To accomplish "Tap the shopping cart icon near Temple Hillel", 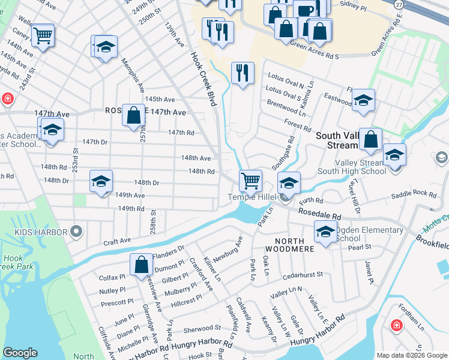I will pos(250,179).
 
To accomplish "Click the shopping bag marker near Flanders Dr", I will pos(141,264).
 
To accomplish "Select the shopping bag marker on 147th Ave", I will pos(134,114).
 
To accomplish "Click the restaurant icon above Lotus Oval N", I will pos(243,73).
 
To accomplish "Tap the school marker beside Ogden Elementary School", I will pos(325,232).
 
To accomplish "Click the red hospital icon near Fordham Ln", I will pos(396,325).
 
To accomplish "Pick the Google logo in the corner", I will pos(20,353).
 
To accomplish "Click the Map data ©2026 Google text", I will pos(412,355).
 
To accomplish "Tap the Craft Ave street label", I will pos(117,241).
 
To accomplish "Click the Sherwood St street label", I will pos(202,329).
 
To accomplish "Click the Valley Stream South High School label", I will pos(352,171).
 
